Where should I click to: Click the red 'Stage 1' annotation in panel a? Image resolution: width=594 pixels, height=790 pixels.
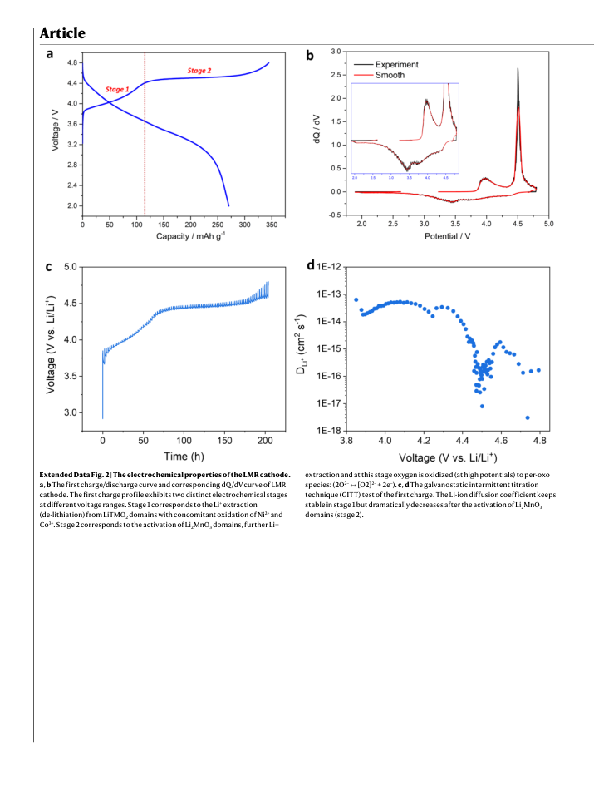click(117, 89)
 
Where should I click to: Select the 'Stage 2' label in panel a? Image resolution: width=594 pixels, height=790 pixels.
click(199, 71)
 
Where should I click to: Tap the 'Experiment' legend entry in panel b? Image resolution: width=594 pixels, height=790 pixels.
click(396, 65)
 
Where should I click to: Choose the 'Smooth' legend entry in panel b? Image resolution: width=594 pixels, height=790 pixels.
click(390, 75)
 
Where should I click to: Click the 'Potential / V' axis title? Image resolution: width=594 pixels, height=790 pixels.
click(448, 236)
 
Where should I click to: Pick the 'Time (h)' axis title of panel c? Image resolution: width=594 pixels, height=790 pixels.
click(184, 456)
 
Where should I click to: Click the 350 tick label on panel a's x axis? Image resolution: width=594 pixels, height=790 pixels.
click(272, 225)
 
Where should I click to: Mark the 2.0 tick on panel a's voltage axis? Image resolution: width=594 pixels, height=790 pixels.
click(72, 205)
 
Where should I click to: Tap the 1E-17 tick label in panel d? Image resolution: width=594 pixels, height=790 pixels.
click(328, 403)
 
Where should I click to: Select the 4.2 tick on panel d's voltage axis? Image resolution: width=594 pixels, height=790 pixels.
click(424, 441)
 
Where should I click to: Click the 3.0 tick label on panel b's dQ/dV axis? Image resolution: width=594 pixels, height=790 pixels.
click(336, 52)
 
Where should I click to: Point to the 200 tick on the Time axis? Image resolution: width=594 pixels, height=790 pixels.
click(265, 441)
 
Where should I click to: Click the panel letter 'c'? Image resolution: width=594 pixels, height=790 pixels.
click(49, 267)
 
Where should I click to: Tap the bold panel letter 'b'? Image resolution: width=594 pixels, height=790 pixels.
click(310, 55)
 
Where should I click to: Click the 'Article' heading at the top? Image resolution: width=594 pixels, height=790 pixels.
click(62, 33)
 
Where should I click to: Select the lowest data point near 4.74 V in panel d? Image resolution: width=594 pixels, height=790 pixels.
click(527, 417)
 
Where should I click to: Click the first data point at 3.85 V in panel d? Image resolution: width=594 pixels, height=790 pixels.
click(356, 299)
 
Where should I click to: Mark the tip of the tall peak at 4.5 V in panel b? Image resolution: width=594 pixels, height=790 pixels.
click(518, 68)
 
